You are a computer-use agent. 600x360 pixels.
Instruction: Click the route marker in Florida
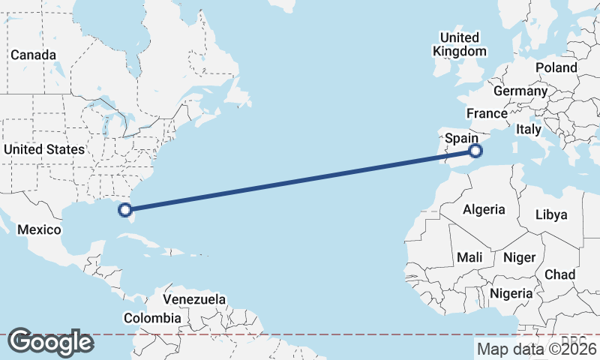click(x=126, y=211)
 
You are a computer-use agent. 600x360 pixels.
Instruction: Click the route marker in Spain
click(x=475, y=151)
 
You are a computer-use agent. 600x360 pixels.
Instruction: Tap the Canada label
click(x=33, y=55)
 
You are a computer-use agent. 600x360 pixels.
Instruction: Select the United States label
click(x=44, y=149)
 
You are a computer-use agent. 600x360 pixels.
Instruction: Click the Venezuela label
click(x=194, y=299)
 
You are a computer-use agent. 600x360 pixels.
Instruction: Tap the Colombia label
click(x=152, y=318)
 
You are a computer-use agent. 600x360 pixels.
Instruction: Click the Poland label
click(x=556, y=67)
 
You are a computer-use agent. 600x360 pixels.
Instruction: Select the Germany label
click(x=520, y=91)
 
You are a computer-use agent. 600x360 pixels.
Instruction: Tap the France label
click(x=487, y=113)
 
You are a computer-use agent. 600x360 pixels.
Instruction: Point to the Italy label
click(x=528, y=130)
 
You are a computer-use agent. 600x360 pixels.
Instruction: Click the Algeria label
click(x=484, y=209)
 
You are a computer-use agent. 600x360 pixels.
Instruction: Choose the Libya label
click(x=551, y=214)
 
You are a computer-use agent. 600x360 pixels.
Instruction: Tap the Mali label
click(x=469, y=257)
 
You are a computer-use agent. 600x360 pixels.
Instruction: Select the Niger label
click(x=520, y=257)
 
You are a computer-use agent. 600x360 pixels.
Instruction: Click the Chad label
click(x=559, y=274)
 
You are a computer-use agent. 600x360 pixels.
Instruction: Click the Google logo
click(x=50, y=342)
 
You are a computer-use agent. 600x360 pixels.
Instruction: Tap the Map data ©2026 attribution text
click(x=536, y=349)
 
